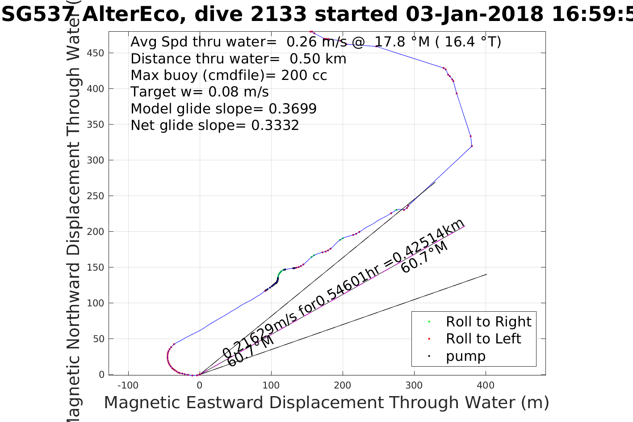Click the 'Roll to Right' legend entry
488,322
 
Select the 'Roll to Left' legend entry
483,338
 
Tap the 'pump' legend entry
465,356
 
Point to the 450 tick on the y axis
96,53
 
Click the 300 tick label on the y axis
96,160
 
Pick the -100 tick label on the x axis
128,385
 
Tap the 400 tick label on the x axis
486,385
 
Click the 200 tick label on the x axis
343,385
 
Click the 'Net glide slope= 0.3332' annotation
214,125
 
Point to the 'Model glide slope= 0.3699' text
223,109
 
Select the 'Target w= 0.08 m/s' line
199,92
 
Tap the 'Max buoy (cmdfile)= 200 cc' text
229,75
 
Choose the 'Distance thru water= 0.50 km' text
238,58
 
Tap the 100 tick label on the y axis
96,303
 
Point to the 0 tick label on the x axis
199,385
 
